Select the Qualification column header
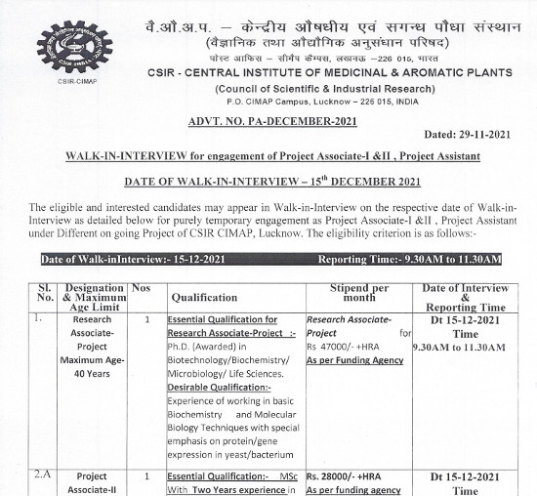click(x=212, y=296)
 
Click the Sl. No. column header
click(x=43, y=296)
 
